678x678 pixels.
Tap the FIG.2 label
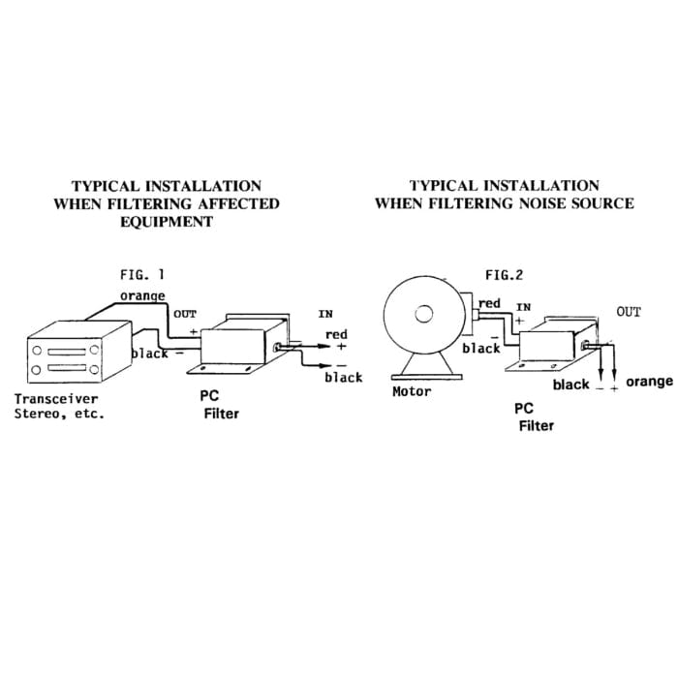pyautogui.click(x=504, y=275)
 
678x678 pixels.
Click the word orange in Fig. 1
pyautogui.click(x=142, y=294)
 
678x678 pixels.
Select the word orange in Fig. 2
pyautogui.click(x=649, y=382)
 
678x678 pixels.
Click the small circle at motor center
pyautogui.click(x=423, y=314)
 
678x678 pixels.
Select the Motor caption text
pyautogui.click(x=412, y=392)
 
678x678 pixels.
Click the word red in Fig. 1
pyautogui.click(x=336, y=335)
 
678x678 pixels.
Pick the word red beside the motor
pyautogui.click(x=490, y=303)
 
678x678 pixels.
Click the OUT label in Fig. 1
pyautogui.click(x=184, y=314)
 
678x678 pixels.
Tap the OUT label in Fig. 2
pyautogui.click(x=629, y=312)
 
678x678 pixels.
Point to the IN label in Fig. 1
pyautogui.click(x=325, y=314)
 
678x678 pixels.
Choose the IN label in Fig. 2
pyautogui.click(x=523, y=307)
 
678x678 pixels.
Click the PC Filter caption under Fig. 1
pyautogui.click(x=217, y=405)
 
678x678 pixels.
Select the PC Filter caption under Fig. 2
pyautogui.click(x=534, y=416)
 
